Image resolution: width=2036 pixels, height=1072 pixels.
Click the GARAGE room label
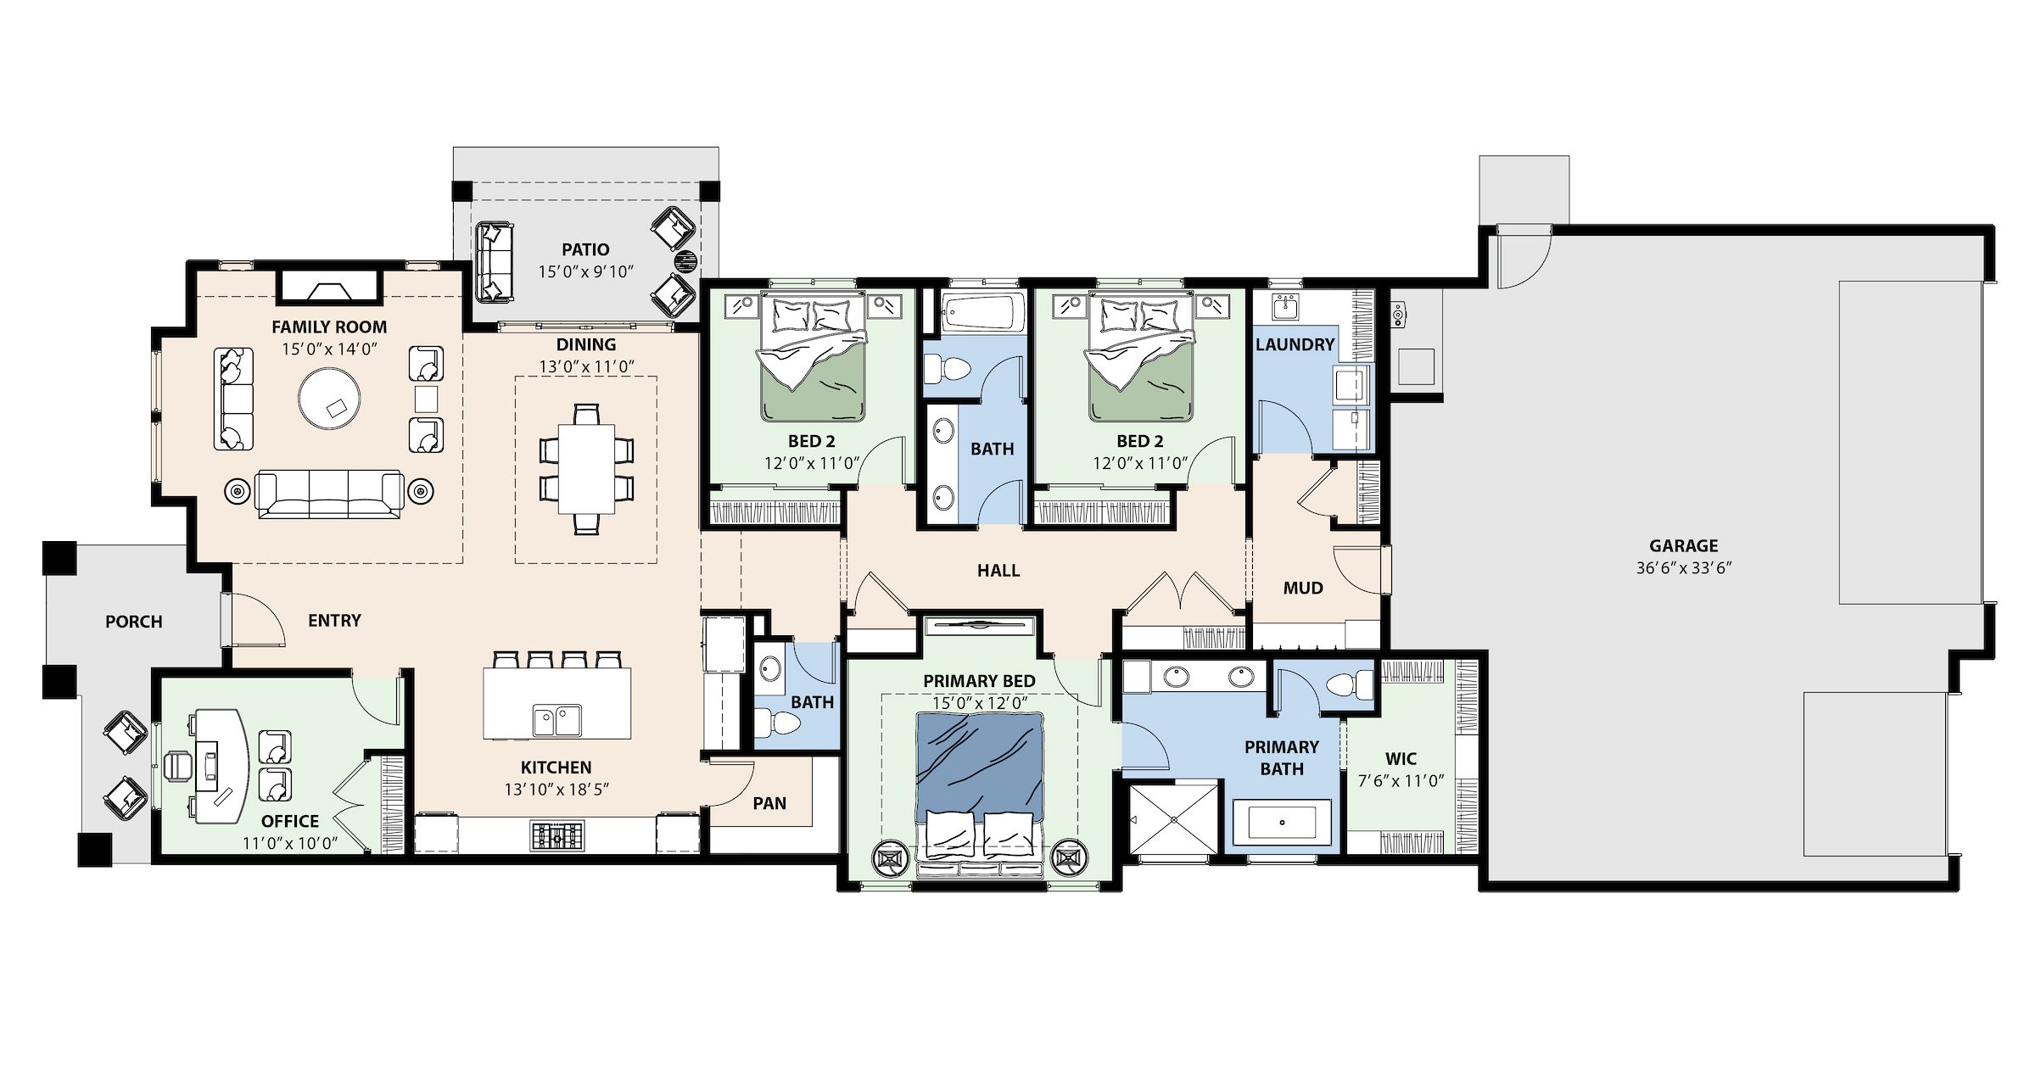[x=1683, y=546]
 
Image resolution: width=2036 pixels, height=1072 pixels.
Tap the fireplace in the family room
[x=328, y=287]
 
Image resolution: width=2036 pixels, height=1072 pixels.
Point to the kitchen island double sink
[x=557, y=721]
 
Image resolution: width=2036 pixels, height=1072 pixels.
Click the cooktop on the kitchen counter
[x=557, y=835]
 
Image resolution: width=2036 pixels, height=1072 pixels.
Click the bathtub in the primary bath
[x=1281, y=823]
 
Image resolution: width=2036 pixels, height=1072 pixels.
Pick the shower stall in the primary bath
[x=1176, y=818]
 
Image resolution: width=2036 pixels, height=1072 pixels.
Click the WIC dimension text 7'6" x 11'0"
[x=1401, y=781]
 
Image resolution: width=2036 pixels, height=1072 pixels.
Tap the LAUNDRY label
[x=1295, y=344]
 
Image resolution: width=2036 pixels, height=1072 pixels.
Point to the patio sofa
[x=495, y=262]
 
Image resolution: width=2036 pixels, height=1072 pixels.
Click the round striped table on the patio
[x=686, y=261]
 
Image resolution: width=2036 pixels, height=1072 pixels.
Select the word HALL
[x=998, y=571]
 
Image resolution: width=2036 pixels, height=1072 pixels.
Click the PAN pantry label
[x=769, y=803]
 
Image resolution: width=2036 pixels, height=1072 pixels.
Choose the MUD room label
[x=1303, y=588]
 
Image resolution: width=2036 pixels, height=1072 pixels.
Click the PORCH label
[x=134, y=622]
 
